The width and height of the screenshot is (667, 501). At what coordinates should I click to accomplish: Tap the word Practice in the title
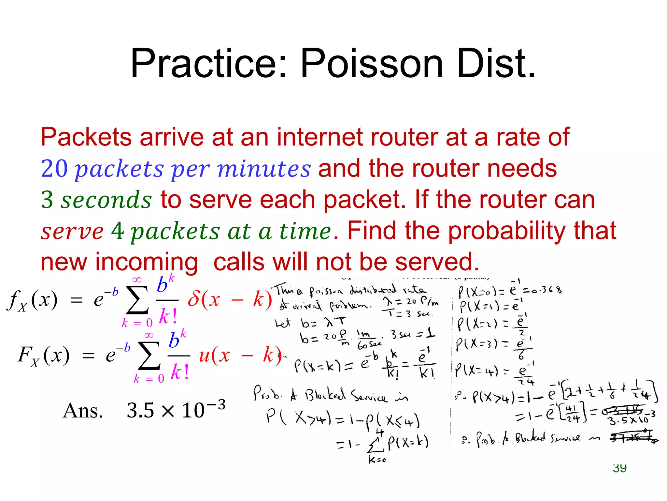208,63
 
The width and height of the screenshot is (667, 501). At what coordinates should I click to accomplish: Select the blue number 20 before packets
54,169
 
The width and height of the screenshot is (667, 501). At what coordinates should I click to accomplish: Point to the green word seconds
106,200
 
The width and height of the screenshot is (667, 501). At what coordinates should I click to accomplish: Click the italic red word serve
72,231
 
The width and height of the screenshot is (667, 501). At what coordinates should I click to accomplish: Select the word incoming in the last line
147,262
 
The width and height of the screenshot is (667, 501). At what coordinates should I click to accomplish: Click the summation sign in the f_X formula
137,300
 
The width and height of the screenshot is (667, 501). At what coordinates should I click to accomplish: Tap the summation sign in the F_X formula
149,356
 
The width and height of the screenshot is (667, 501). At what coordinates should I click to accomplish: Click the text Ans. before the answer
83,410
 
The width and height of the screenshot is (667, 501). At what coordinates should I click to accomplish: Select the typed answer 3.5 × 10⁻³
176,409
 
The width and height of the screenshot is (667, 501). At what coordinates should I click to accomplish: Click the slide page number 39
619,468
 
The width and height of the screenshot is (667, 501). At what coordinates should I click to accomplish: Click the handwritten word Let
283,323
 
